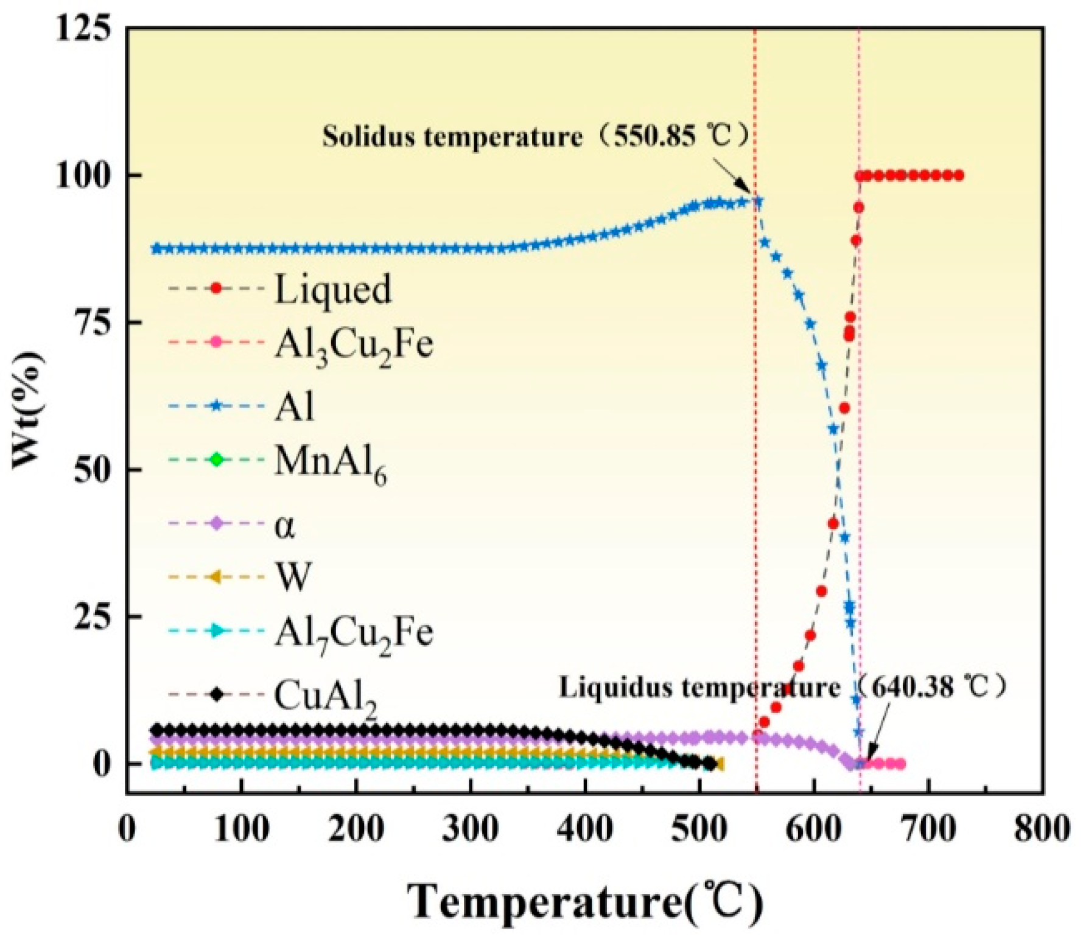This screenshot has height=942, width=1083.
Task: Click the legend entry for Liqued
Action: (332, 289)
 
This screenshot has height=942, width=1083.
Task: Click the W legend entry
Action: (293, 576)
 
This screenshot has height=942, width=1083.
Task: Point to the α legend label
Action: (284, 526)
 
